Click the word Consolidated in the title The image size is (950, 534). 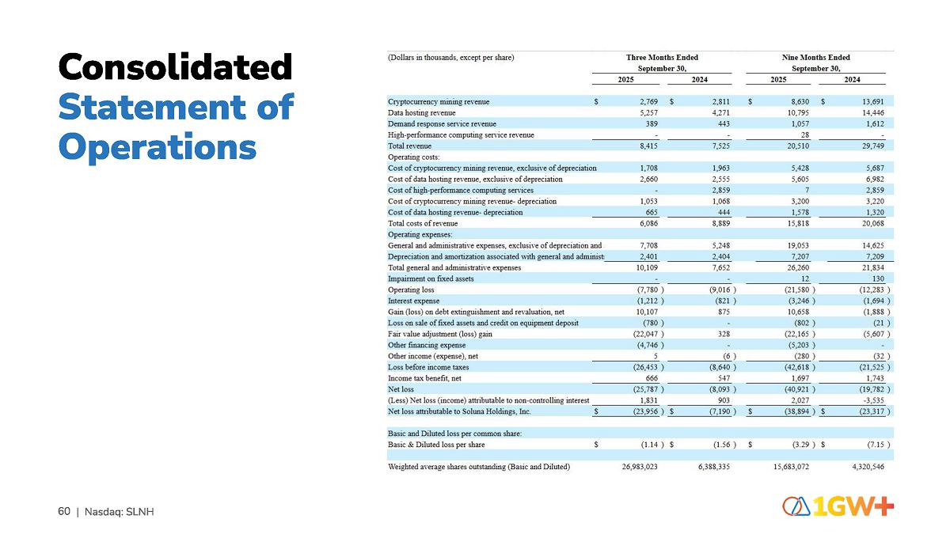(x=175, y=67)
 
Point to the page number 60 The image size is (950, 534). (x=64, y=512)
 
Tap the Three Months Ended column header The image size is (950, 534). (x=662, y=57)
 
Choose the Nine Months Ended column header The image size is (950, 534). (x=815, y=57)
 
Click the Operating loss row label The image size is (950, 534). (x=411, y=290)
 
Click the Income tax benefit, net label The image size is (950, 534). (x=424, y=378)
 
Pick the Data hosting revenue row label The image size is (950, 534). (x=423, y=112)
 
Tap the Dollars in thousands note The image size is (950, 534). (x=451, y=57)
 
